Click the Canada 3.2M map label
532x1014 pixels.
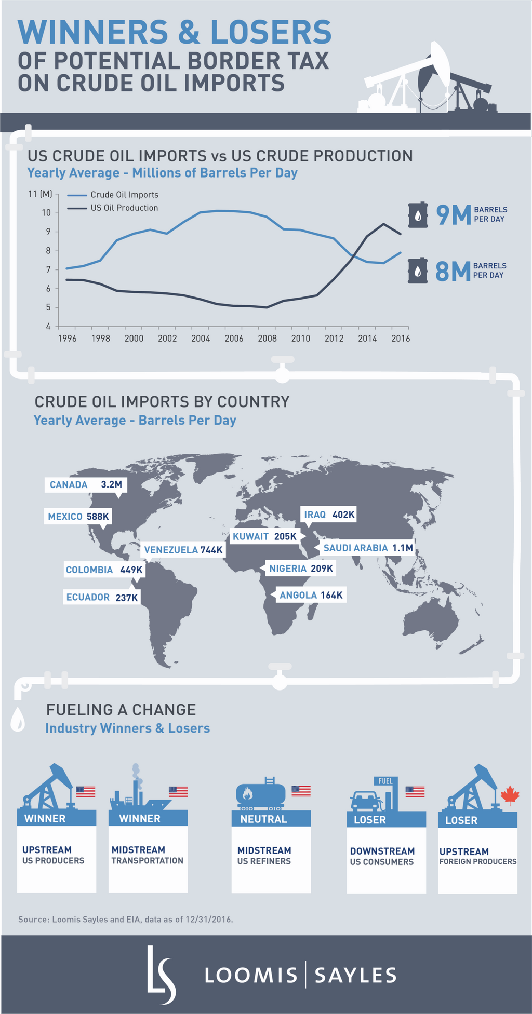[x=86, y=485]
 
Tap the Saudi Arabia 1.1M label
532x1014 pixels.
[x=368, y=548]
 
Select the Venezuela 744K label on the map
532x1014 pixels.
[x=183, y=550]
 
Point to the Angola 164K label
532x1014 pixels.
[x=311, y=595]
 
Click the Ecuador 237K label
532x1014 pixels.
[x=102, y=597]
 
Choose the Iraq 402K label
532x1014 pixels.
[x=329, y=515]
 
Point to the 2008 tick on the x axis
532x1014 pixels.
[x=267, y=339]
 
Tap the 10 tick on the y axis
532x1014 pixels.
[x=47, y=213]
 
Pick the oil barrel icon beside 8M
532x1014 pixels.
[x=417, y=271]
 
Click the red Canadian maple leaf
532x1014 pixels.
[x=510, y=795]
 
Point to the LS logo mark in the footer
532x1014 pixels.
[x=161, y=975]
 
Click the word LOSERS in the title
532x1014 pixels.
[x=271, y=32]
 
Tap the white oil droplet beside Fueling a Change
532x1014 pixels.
[x=18, y=720]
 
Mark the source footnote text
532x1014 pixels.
[x=126, y=919]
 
